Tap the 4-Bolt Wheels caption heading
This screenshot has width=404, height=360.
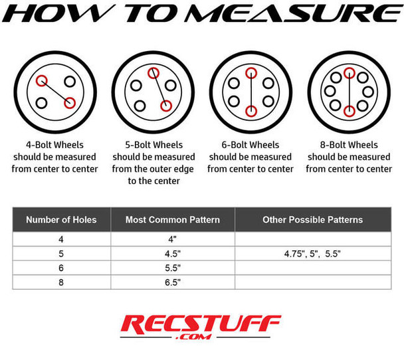[x=55, y=144]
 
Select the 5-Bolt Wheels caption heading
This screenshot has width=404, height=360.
[x=153, y=144]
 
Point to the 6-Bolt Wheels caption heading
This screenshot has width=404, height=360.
[x=251, y=144]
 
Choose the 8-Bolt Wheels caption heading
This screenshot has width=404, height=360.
[x=349, y=144]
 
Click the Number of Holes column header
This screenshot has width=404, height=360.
[x=61, y=219]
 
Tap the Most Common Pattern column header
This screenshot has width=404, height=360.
[x=172, y=219]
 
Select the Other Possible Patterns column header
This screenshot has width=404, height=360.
[x=312, y=219]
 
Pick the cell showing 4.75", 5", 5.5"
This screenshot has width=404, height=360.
[x=312, y=254]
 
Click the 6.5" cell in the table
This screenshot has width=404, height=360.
[x=172, y=282]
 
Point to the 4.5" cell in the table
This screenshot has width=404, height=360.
[x=172, y=254]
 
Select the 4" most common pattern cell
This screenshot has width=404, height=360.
[x=172, y=240]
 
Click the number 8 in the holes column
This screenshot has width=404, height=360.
[x=61, y=282]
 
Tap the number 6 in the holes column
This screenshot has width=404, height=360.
[x=61, y=268]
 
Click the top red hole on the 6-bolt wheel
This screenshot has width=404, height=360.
[x=251, y=74]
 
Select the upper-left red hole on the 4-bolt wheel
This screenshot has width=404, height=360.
[x=43, y=81]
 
